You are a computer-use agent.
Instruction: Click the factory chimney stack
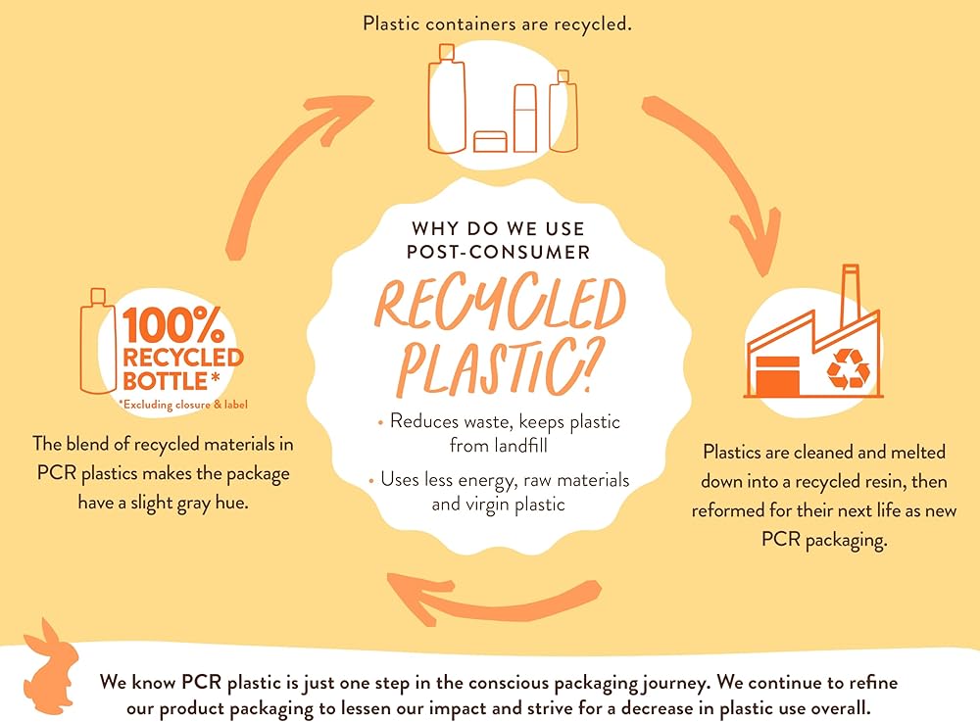click(x=850, y=295)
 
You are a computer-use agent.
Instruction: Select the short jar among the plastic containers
click(x=490, y=141)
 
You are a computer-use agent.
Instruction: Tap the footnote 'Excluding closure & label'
click(x=180, y=404)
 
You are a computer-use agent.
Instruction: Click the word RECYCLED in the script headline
click(x=501, y=306)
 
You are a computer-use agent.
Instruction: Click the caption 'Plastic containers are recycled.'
click(x=497, y=23)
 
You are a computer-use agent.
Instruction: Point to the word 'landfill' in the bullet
click(x=525, y=446)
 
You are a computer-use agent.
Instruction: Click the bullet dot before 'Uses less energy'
click(x=372, y=481)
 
